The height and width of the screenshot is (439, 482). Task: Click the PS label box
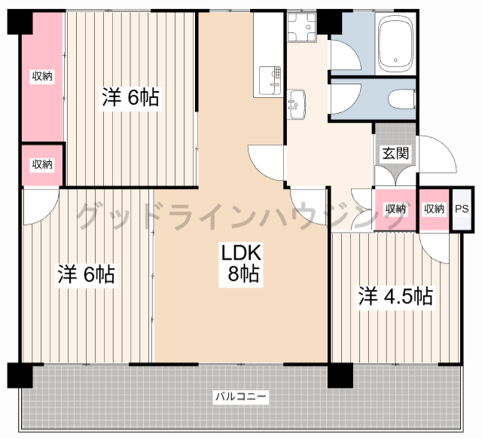[x=462, y=209]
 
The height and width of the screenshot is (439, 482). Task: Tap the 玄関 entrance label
[x=395, y=153]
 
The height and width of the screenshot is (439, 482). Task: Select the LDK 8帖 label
[x=241, y=263]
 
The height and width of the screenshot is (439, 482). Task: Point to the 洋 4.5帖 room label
[x=395, y=297]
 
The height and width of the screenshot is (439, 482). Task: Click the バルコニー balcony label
[x=241, y=397]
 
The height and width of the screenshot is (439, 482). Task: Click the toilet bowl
[x=401, y=99]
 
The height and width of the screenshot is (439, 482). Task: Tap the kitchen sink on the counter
[x=270, y=81]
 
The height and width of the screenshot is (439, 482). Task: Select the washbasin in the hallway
[x=296, y=104]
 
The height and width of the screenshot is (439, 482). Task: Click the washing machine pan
[x=302, y=27]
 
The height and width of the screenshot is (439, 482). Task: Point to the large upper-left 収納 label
[x=42, y=76]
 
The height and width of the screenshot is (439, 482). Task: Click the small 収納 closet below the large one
[x=42, y=165]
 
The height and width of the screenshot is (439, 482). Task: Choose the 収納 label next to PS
[x=434, y=209]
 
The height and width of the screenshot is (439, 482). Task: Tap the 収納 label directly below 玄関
[x=395, y=209]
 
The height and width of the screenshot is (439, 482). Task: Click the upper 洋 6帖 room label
[x=130, y=97]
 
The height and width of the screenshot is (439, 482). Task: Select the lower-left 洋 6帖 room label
[x=86, y=274]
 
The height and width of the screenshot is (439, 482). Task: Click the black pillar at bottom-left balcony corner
[x=20, y=375]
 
